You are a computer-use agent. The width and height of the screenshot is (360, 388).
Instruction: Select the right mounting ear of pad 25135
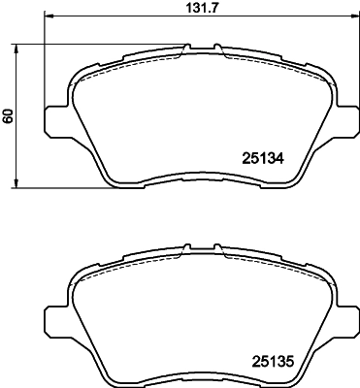point(346,319)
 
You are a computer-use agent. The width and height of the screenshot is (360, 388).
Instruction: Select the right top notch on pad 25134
point(218,47)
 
